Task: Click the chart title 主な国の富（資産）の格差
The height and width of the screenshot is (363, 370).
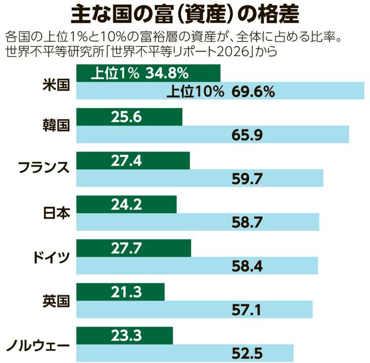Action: pyautogui.click(x=185, y=14)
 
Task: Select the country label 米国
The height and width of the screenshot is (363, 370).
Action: pyautogui.click(x=56, y=84)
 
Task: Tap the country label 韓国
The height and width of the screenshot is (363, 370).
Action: pyautogui.click(x=56, y=125)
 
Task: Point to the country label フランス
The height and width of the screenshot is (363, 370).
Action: pyautogui.click(x=44, y=168)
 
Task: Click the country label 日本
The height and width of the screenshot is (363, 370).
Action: pyautogui.click(x=57, y=213)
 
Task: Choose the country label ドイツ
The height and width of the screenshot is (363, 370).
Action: pyautogui.click(x=51, y=257)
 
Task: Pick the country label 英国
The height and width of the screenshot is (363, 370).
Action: pyautogui.click(x=56, y=301)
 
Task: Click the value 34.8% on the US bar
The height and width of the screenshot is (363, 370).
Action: pyautogui.click(x=167, y=73)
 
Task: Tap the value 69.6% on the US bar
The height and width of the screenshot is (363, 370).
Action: pyautogui.click(x=253, y=91)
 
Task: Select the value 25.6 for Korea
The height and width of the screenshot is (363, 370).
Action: pyautogui.click(x=126, y=117)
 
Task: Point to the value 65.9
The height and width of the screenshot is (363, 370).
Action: pyautogui.click(x=247, y=135)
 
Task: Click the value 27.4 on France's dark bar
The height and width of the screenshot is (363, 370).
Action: pyautogui.click(x=126, y=161)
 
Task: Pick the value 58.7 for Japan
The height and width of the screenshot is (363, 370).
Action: pyautogui.click(x=247, y=223)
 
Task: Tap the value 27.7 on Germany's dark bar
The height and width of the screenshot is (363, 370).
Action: pyautogui.click(x=126, y=249)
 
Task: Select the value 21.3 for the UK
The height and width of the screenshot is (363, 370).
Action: pyautogui.click(x=126, y=292)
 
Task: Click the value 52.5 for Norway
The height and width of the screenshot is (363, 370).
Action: pyautogui.click(x=247, y=353)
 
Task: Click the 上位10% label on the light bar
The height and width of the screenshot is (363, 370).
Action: pyautogui.click(x=195, y=91)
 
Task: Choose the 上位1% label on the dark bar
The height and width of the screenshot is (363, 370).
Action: pyautogui.click(x=115, y=73)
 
